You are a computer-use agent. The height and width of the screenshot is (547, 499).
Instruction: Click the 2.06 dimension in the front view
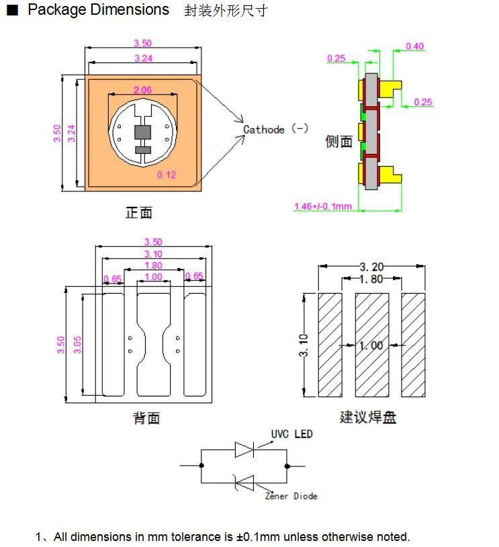pyautogui.click(x=142, y=90)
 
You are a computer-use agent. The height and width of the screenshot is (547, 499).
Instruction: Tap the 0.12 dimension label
pyautogui.click(x=167, y=175)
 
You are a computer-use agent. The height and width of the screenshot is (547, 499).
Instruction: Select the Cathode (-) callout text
pyautogui.click(x=275, y=130)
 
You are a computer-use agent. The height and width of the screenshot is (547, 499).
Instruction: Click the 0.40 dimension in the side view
pyautogui.click(x=414, y=46)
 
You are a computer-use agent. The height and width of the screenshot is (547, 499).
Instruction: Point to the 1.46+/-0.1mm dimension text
pyautogui.click(x=323, y=206)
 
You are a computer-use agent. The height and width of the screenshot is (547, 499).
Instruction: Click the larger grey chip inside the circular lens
pyautogui.click(x=142, y=132)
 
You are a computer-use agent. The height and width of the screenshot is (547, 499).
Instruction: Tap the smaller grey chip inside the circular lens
pyautogui.click(x=142, y=150)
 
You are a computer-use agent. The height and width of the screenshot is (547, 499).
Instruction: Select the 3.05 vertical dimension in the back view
pyautogui.click(x=77, y=345)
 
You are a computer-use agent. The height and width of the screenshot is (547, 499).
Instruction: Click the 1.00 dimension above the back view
pyautogui.click(x=153, y=277)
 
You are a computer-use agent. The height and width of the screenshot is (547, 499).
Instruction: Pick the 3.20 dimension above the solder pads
pyautogui.click(x=371, y=267)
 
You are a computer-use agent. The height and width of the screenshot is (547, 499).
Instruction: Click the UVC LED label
pyautogui.click(x=292, y=434)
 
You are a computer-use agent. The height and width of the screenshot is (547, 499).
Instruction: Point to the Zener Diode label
pyautogui.click(x=291, y=496)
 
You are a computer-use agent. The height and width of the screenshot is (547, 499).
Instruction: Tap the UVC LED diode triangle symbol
pyautogui.click(x=244, y=450)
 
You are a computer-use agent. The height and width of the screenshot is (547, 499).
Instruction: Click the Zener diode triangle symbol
pyautogui.click(x=245, y=483)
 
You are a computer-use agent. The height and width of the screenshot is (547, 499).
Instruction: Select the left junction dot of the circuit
pyautogui.click(x=201, y=466)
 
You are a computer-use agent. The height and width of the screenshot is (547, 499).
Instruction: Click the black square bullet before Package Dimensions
pyautogui.click(x=12, y=10)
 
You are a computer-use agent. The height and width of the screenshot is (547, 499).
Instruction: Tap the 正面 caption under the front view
pyautogui.click(x=139, y=212)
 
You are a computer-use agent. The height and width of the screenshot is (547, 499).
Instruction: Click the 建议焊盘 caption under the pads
pyautogui.click(x=368, y=417)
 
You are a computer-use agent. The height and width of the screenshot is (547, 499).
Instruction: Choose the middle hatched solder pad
pyautogui.click(x=372, y=345)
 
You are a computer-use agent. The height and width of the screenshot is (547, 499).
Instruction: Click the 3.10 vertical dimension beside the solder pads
pyautogui.click(x=304, y=345)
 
